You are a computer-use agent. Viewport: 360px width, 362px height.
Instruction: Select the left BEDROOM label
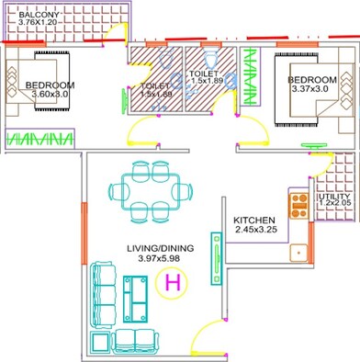click(51, 85)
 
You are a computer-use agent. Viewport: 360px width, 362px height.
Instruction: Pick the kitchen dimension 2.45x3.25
click(234, 232)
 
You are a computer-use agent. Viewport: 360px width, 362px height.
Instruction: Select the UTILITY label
click(334, 198)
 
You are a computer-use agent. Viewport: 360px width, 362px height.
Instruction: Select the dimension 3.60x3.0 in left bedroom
click(52, 94)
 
